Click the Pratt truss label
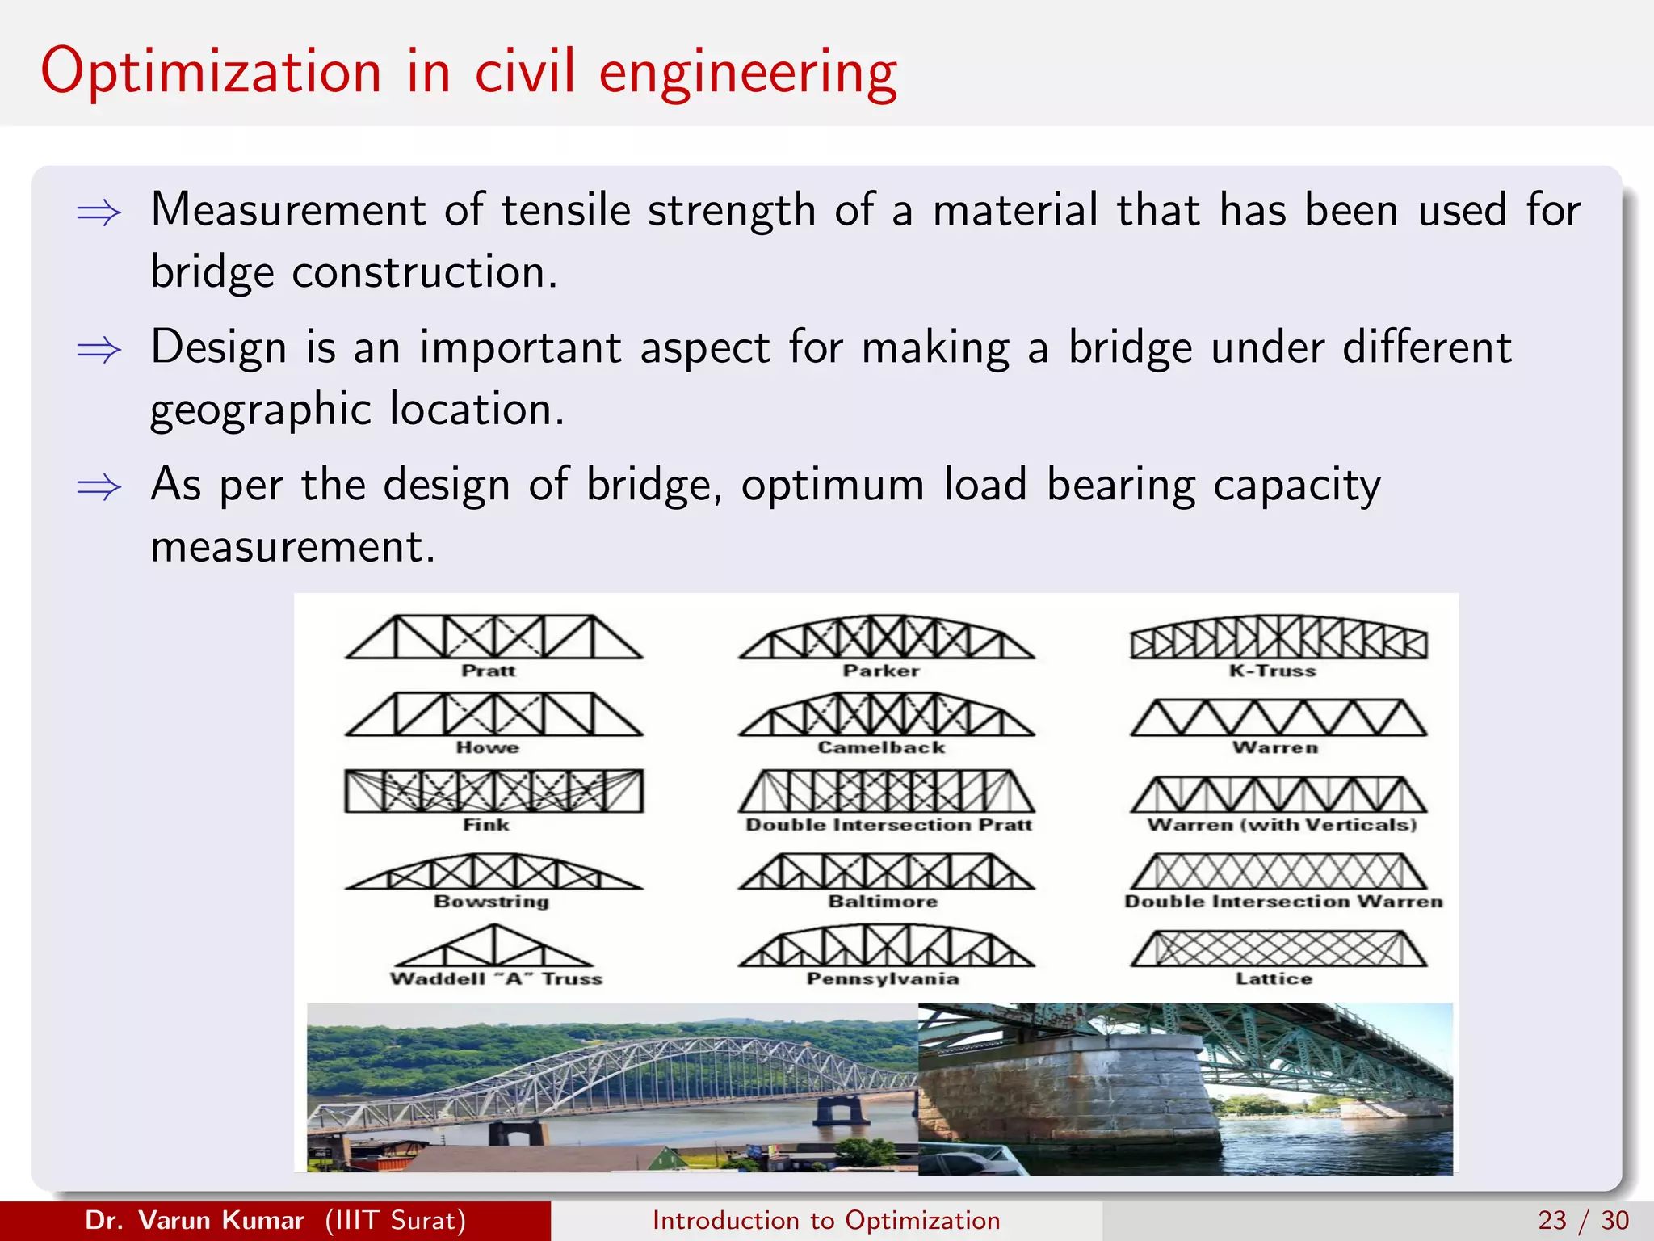(x=489, y=671)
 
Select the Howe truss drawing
(x=493, y=714)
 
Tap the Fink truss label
(x=486, y=825)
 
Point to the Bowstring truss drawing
(x=493, y=872)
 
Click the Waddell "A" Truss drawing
(x=493, y=946)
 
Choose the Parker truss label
(x=881, y=671)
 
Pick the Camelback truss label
(x=881, y=747)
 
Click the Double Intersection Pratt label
(x=888, y=825)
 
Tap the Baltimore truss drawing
(x=886, y=872)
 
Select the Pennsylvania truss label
(x=883, y=978)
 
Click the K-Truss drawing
(x=1278, y=637)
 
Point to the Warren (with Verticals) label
(x=1282, y=825)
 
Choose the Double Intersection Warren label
(x=1283, y=902)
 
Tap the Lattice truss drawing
(x=1278, y=949)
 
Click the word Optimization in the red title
(x=211, y=73)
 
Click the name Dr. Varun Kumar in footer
(x=194, y=1220)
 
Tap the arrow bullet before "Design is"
(x=99, y=351)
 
